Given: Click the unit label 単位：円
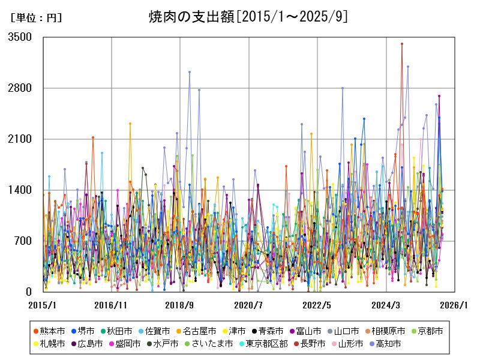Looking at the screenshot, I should point(35,18).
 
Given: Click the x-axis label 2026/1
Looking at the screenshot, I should point(454,305).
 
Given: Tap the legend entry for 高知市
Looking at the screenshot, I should point(387,344).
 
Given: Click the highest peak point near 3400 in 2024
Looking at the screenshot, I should point(401,44).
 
